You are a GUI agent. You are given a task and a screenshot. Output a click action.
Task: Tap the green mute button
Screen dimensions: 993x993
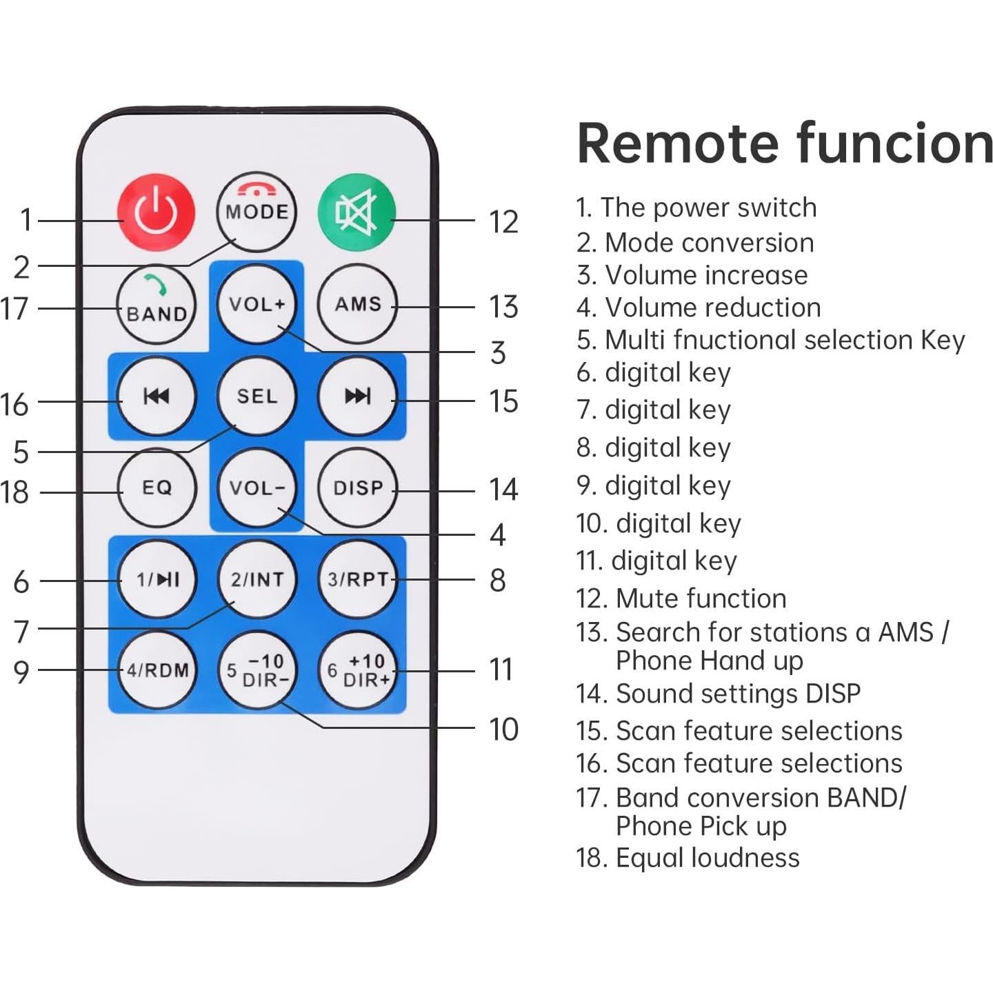click(357, 212)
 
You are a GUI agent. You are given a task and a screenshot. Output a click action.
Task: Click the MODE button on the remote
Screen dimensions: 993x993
click(256, 212)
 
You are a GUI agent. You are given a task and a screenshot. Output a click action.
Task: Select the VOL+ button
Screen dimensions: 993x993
click(257, 304)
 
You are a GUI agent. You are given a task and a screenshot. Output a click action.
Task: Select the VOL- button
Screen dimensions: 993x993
click(257, 488)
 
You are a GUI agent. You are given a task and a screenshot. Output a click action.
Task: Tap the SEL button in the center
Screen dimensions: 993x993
click(257, 396)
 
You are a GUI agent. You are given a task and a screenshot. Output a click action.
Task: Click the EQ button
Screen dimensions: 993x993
click(157, 488)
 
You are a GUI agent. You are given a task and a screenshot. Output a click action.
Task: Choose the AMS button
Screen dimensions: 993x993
click(357, 304)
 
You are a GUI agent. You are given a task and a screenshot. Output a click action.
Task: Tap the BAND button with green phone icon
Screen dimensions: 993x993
click(157, 305)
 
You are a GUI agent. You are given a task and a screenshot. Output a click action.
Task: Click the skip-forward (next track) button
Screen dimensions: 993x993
click(357, 396)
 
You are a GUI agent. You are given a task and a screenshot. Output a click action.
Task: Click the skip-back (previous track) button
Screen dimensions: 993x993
click(157, 396)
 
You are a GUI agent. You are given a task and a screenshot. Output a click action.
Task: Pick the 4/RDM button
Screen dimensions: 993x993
click(157, 670)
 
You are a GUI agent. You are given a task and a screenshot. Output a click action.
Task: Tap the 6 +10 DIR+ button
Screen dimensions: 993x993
click(357, 670)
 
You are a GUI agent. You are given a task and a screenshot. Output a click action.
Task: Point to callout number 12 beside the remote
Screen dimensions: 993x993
click(503, 222)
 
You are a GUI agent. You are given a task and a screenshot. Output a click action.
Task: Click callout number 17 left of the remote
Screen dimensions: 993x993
click(15, 308)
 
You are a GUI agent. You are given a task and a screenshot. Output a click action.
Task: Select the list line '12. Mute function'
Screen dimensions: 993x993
click(681, 599)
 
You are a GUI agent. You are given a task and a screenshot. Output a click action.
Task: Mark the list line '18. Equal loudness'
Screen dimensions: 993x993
click(688, 858)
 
